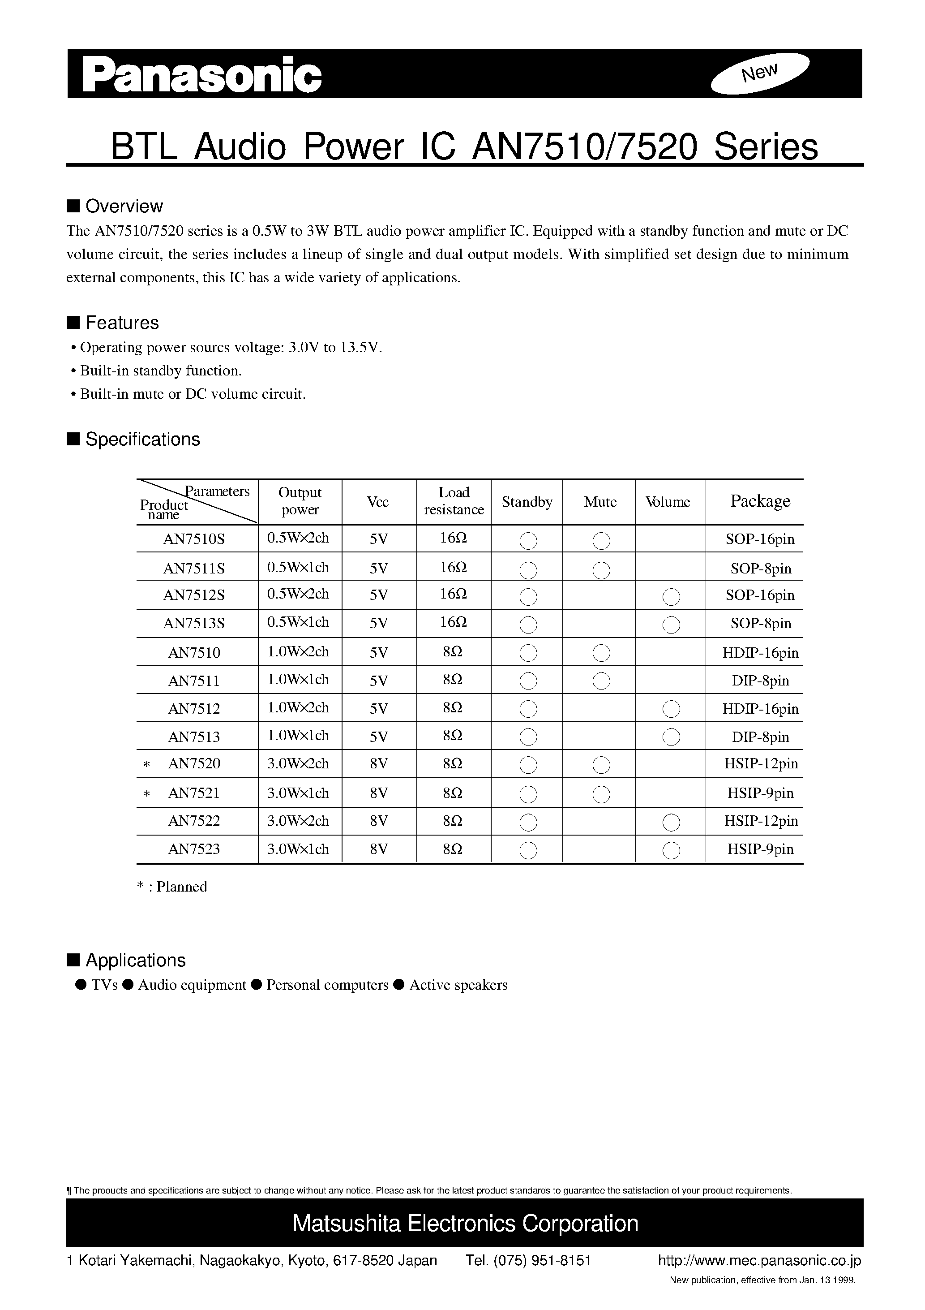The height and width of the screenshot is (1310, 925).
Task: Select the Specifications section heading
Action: (142, 439)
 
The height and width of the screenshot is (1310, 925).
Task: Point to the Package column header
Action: (760, 501)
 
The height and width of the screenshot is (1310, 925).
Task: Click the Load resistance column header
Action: (454, 501)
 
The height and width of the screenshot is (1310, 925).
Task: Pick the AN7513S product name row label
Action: (194, 623)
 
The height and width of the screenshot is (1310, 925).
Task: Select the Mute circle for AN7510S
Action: (601, 540)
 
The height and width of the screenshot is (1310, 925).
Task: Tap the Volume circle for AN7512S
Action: (671, 597)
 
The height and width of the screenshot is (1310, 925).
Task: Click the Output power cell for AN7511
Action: (298, 680)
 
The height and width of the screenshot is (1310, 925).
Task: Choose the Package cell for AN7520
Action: (761, 763)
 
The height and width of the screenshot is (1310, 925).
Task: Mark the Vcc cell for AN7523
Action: (379, 849)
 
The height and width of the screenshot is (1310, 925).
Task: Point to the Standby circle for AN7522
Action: (529, 822)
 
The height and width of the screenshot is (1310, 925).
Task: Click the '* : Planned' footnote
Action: (172, 887)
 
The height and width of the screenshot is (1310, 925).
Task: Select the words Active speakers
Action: (458, 985)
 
